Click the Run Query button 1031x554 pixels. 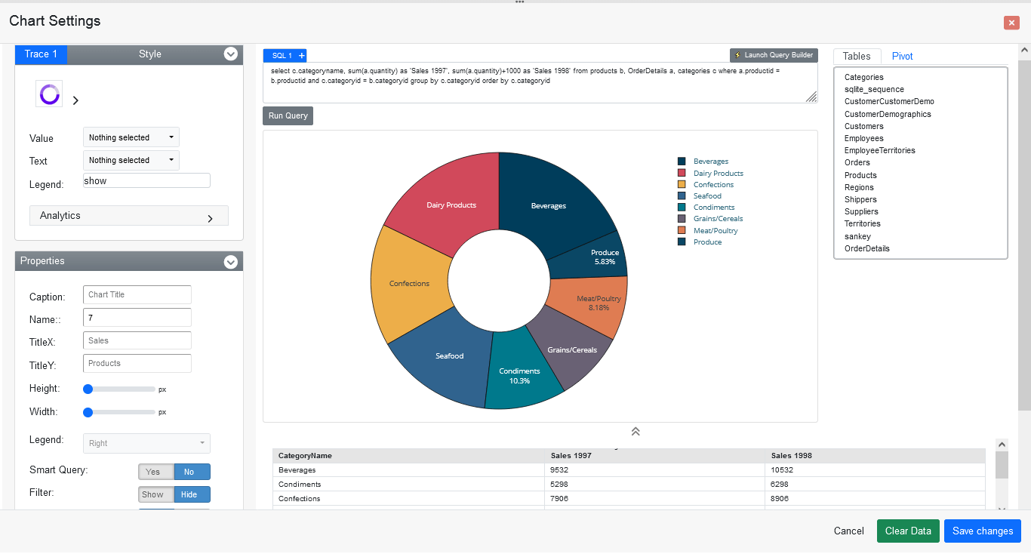(x=288, y=116)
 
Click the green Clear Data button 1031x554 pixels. (x=908, y=531)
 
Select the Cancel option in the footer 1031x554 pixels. (x=848, y=531)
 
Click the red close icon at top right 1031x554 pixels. (x=1011, y=23)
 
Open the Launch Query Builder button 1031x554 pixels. (x=774, y=55)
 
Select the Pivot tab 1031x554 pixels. (x=902, y=56)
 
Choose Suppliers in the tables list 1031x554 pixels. (x=861, y=211)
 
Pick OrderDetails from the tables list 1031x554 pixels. (x=866, y=248)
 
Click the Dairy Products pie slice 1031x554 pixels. (x=445, y=196)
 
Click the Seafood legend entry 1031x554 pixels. (x=707, y=195)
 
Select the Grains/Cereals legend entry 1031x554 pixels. (x=718, y=219)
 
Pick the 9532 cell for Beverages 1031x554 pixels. (x=561, y=470)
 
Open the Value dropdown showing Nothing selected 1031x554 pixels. (x=131, y=137)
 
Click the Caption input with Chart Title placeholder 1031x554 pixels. (x=137, y=294)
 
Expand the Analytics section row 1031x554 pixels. (x=128, y=216)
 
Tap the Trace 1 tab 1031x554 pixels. (x=41, y=54)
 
